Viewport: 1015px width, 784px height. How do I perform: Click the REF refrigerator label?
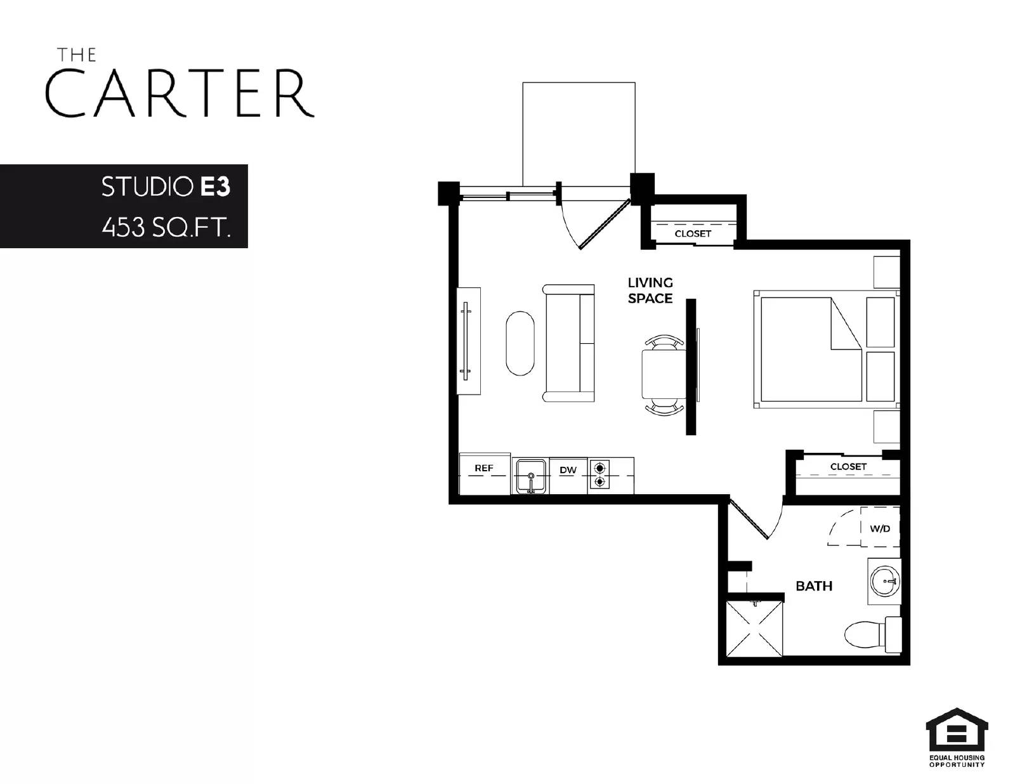pyautogui.click(x=483, y=468)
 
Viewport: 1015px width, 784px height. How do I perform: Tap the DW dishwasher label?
pyautogui.click(x=568, y=470)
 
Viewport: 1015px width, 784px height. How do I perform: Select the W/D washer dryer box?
pyautogui.click(x=880, y=528)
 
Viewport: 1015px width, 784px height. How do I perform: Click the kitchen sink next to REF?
pyautogui.click(x=530, y=476)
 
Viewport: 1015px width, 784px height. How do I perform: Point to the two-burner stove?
pyautogui.click(x=599, y=475)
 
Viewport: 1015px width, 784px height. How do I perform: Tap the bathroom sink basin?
pyautogui.click(x=884, y=580)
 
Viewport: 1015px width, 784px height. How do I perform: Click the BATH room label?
pyautogui.click(x=814, y=586)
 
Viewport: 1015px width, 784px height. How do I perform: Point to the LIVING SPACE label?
pyautogui.click(x=650, y=291)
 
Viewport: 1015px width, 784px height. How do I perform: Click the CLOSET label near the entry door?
pyautogui.click(x=693, y=233)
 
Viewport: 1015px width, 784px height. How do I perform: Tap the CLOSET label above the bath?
pyautogui.click(x=848, y=466)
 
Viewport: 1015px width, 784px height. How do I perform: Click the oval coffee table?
pyautogui.click(x=520, y=343)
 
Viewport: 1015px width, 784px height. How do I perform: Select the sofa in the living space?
pyautogui.click(x=568, y=343)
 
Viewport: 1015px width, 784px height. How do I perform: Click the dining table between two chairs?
pyautogui.click(x=663, y=374)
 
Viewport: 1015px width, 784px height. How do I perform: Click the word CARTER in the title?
pyautogui.click(x=180, y=93)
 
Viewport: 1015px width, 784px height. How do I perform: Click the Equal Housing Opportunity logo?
pyautogui.click(x=957, y=736)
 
